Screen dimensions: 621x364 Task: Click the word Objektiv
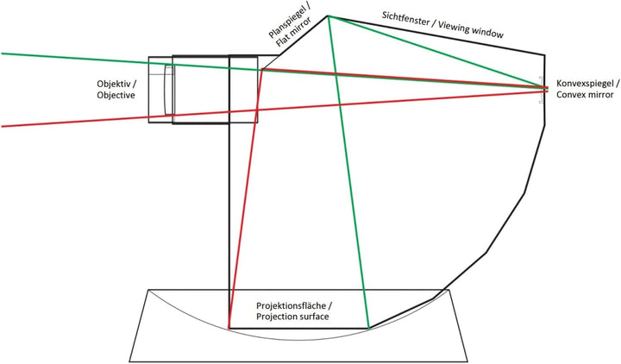pos(114,84)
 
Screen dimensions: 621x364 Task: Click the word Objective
pos(116,95)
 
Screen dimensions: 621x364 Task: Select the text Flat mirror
pos(294,33)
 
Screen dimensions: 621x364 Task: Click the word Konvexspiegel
pos(585,84)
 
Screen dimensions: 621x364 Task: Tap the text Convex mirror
pos(585,95)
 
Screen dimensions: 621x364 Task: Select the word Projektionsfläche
pos(292,305)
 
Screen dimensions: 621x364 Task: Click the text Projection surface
pos(292,317)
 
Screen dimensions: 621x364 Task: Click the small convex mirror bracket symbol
pos(541,90)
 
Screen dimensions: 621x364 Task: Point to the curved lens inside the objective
pos(169,90)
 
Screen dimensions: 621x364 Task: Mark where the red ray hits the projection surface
pos(229,329)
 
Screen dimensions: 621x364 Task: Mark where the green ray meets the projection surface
pos(369,329)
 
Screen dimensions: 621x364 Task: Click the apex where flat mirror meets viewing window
pos(328,16)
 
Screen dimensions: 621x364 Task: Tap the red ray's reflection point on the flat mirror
pos(262,69)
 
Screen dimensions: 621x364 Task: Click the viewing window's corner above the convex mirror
pos(544,54)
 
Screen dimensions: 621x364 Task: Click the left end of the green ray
pos(2,53)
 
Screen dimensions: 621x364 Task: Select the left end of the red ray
pos(2,126)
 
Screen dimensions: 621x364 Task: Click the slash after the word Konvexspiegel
pos(617,84)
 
